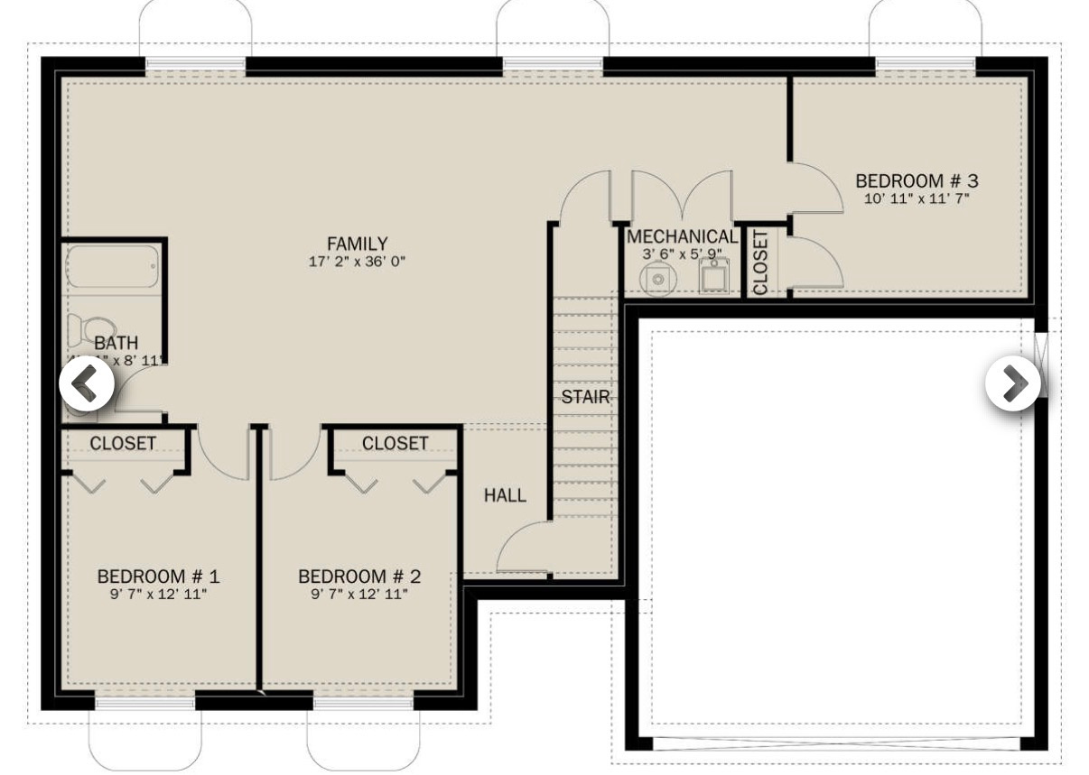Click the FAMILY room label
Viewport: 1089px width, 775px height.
tap(358, 244)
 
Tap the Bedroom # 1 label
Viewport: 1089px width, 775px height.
tap(159, 577)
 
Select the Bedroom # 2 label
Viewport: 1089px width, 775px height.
tap(359, 577)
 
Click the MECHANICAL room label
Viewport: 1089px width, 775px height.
tap(682, 237)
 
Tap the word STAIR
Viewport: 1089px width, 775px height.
tap(585, 397)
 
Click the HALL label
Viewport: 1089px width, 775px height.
tap(505, 495)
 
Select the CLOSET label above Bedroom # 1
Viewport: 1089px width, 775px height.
tap(123, 444)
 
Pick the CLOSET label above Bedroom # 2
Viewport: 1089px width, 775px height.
tap(395, 444)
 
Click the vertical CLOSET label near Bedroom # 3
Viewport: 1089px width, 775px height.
tap(760, 263)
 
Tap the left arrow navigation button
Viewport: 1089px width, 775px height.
tap(87, 383)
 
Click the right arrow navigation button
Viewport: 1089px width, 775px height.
tap(1012, 383)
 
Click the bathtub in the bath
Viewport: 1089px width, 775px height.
tap(114, 267)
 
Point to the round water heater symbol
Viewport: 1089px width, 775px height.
tap(658, 280)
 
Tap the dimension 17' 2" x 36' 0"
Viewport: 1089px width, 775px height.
tap(358, 263)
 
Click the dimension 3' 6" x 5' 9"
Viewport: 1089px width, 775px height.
tap(682, 254)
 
